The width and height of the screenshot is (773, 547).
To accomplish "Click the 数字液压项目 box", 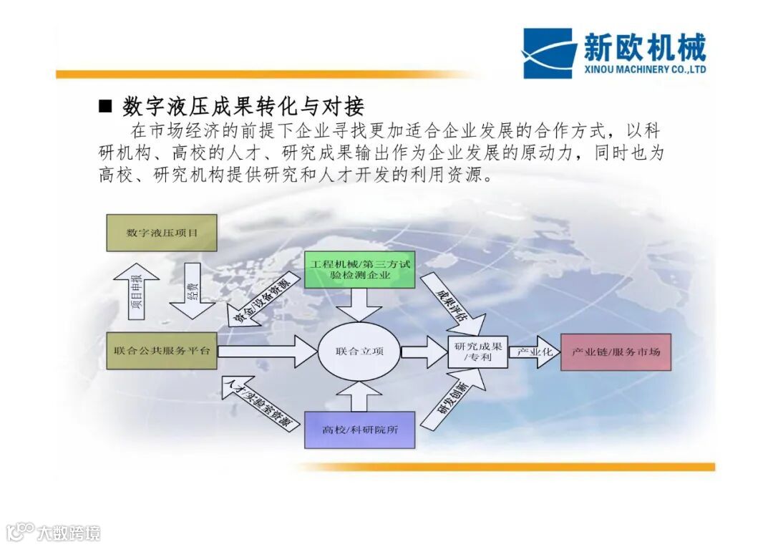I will pyautogui.click(x=162, y=233).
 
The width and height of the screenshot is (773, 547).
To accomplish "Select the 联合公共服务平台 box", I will pyautogui.click(x=162, y=351).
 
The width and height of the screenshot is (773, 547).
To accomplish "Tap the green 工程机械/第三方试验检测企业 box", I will pyautogui.click(x=360, y=269).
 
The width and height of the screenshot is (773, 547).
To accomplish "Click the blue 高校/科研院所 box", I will pyautogui.click(x=360, y=430).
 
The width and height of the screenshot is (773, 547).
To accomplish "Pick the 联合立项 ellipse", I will pyautogui.click(x=359, y=352).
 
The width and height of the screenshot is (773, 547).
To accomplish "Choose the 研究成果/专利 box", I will pyautogui.click(x=477, y=352).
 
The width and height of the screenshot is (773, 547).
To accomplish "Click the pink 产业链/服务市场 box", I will pyautogui.click(x=616, y=352).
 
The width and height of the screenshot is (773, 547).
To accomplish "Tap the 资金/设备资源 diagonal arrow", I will pyautogui.click(x=259, y=301).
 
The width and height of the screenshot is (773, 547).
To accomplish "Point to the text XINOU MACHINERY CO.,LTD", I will pyautogui.click(x=644, y=69).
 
